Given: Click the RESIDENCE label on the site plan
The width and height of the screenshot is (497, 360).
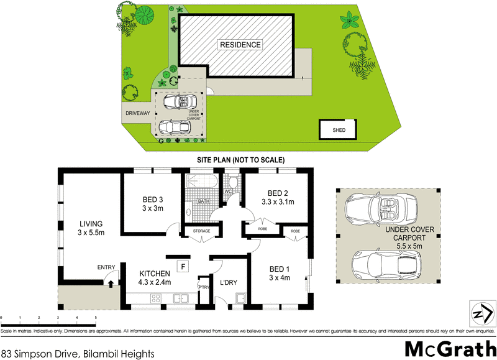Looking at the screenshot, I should pos(239,45).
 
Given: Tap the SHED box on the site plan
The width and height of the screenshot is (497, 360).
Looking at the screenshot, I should pos(339,130).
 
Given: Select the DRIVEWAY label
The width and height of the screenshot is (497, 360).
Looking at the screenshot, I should pos(135,114).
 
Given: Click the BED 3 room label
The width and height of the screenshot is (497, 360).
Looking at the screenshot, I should pos(152,203).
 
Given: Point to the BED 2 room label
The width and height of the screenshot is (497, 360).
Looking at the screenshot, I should pos(276,197).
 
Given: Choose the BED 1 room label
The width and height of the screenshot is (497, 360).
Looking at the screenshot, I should pos(280,273).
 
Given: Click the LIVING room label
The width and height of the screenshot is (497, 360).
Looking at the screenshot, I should pos(90,228).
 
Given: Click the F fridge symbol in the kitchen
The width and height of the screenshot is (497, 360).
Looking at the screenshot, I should pos(183,267).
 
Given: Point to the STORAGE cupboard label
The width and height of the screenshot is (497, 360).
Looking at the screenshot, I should pos(201,231).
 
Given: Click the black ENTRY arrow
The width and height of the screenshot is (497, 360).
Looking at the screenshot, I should pos(111,283).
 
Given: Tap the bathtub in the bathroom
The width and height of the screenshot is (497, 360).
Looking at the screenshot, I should pos(200,183).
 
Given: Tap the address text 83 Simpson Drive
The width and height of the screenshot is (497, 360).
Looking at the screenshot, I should pos(77,354).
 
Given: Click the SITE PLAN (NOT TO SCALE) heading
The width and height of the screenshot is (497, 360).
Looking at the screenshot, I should pos(239,160).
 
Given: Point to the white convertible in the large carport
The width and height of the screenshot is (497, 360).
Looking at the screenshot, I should pos(383,210).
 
